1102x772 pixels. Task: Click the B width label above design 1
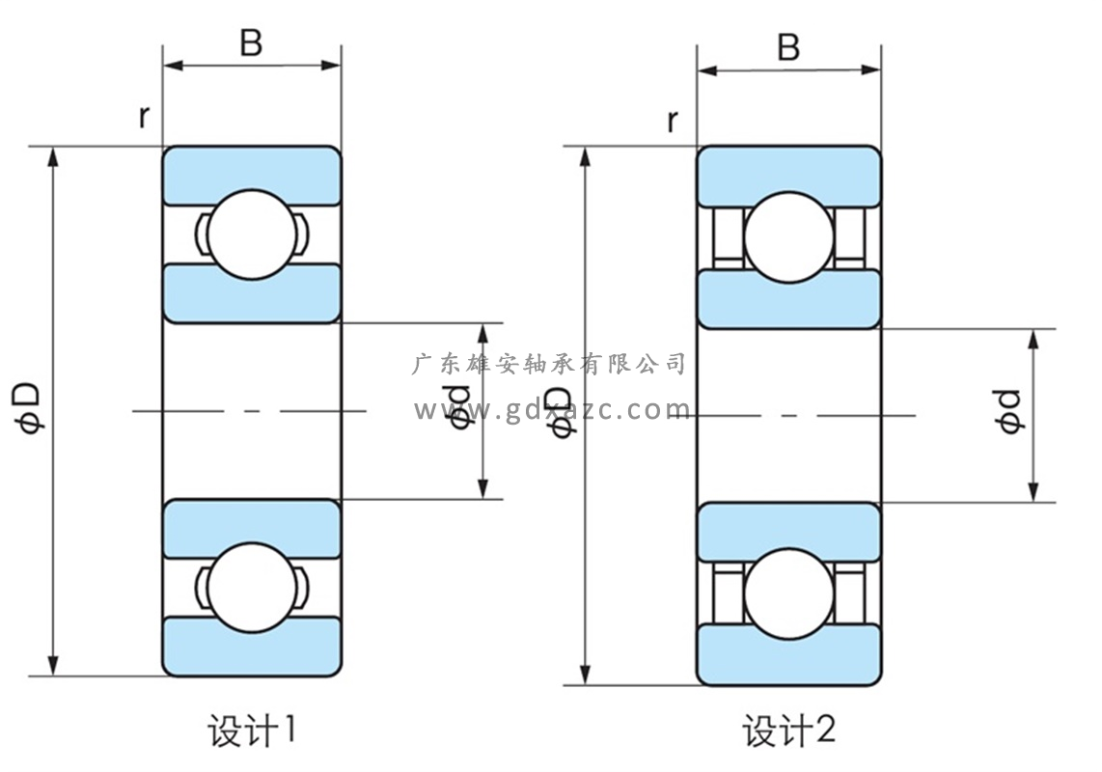[x=251, y=43]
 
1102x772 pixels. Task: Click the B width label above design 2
[x=788, y=47]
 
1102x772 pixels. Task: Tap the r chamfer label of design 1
[x=144, y=117]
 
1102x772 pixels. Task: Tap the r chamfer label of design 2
[x=672, y=121]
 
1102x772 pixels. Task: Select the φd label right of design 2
[x=1009, y=412]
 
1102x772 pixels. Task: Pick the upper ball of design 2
[x=787, y=238]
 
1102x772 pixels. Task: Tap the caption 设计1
[x=251, y=731]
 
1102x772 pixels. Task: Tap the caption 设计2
[x=788, y=731]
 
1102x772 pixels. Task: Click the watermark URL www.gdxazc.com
[x=552, y=410]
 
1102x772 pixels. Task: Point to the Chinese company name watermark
[x=548, y=364]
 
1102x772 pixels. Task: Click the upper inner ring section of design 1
[x=251, y=291]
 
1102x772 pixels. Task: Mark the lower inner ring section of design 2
[x=788, y=529]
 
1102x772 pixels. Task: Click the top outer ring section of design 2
[x=788, y=175]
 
